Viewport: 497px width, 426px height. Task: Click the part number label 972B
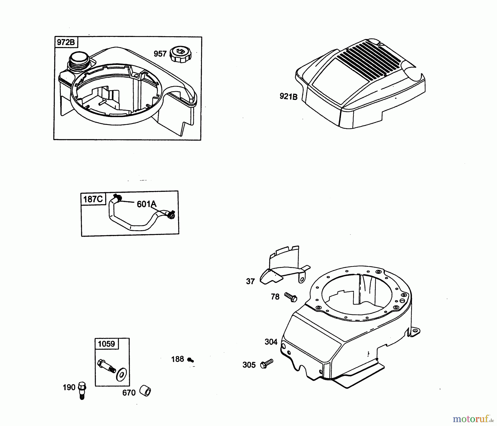coord(66,42)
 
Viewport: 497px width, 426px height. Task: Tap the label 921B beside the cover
coord(289,96)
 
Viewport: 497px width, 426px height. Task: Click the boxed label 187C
coord(93,199)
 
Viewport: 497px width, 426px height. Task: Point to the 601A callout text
coord(147,204)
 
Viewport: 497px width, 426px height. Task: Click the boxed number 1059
coord(106,344)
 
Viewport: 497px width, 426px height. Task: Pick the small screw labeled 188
coord(191,360)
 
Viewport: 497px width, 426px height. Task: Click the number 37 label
coord(250,281)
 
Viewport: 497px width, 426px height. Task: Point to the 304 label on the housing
coord(271,342)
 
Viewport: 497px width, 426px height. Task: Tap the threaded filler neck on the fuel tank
coord(78,63)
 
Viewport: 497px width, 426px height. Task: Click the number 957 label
coord(160,54)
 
